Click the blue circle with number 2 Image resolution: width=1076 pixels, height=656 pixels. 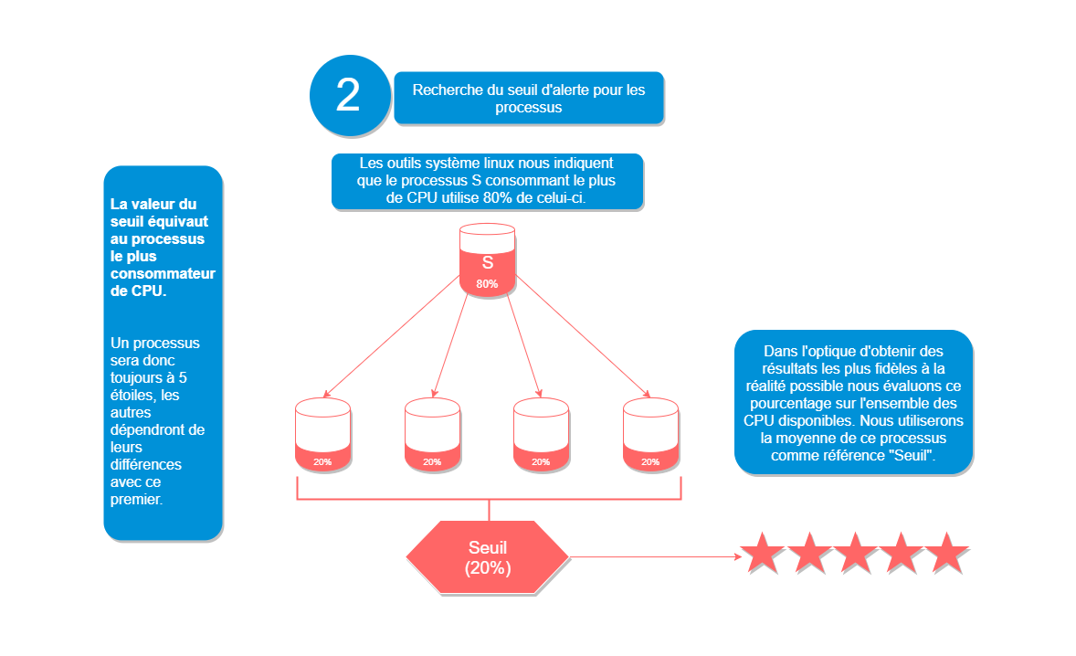[348, 95]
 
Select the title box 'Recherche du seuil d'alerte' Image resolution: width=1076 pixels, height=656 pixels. [528, 98]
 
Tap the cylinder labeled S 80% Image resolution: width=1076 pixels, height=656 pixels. [487, 260]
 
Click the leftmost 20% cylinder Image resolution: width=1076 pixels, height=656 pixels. [322, 435]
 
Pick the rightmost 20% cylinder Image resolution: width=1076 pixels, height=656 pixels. [650, 435]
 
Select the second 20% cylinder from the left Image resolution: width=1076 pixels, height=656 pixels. [432, 435]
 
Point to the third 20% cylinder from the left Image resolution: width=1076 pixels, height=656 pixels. [541, 435]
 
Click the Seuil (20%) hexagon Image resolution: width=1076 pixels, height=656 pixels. [488, 557]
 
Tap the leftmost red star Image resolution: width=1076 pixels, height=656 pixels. [762, 553]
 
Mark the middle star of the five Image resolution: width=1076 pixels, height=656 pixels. [854, 553]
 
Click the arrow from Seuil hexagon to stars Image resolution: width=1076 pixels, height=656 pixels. [653, 555]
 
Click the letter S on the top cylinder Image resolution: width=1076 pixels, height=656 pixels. [487, 262]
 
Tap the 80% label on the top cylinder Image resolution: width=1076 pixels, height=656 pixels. [487, 284]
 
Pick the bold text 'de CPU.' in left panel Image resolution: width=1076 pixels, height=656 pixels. [138, 291]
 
